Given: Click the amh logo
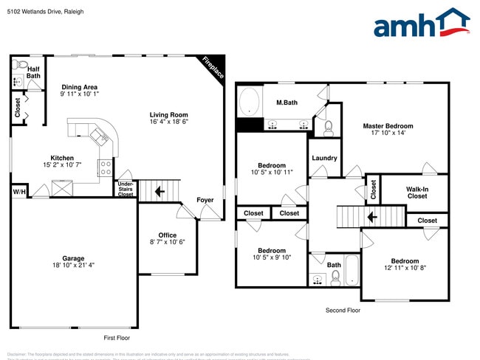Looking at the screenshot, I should pos(421,24).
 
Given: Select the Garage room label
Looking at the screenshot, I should pos(73,258).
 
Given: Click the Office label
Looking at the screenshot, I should pos(168,235).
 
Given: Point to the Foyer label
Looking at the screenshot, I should pos(205,200).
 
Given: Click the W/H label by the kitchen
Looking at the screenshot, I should pos(18,192).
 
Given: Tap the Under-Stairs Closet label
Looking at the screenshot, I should pos(126,189).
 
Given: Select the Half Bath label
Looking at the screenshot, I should pos(33,72).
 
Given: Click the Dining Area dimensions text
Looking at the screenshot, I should pos(79,94).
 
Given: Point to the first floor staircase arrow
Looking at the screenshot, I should pos(160,192).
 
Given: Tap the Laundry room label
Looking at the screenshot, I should pos(324,158).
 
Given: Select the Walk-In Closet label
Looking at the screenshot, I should pos(417,193).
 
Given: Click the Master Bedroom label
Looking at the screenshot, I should pos(388,126).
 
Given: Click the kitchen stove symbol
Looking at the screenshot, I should pos(106,165).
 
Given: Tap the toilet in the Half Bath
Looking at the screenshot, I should pos(20,64).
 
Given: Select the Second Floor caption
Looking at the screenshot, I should pos(343,311).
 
